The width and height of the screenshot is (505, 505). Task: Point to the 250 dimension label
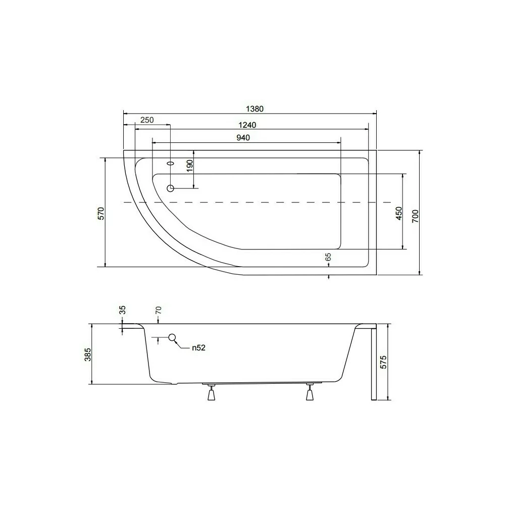146,120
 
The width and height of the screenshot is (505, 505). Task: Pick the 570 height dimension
101,213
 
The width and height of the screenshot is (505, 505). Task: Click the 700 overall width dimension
415,218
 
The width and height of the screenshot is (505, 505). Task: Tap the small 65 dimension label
328,258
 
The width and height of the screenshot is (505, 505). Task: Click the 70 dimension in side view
158,311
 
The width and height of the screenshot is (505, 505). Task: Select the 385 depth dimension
87,355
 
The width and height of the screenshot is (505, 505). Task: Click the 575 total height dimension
383,363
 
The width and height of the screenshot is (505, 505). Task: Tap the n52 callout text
198,347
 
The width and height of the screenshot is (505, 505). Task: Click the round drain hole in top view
171,188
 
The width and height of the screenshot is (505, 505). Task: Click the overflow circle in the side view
172,337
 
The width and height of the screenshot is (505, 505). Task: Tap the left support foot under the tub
211,393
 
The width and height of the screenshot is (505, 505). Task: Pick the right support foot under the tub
310,393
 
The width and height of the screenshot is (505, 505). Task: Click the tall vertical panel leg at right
373,364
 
